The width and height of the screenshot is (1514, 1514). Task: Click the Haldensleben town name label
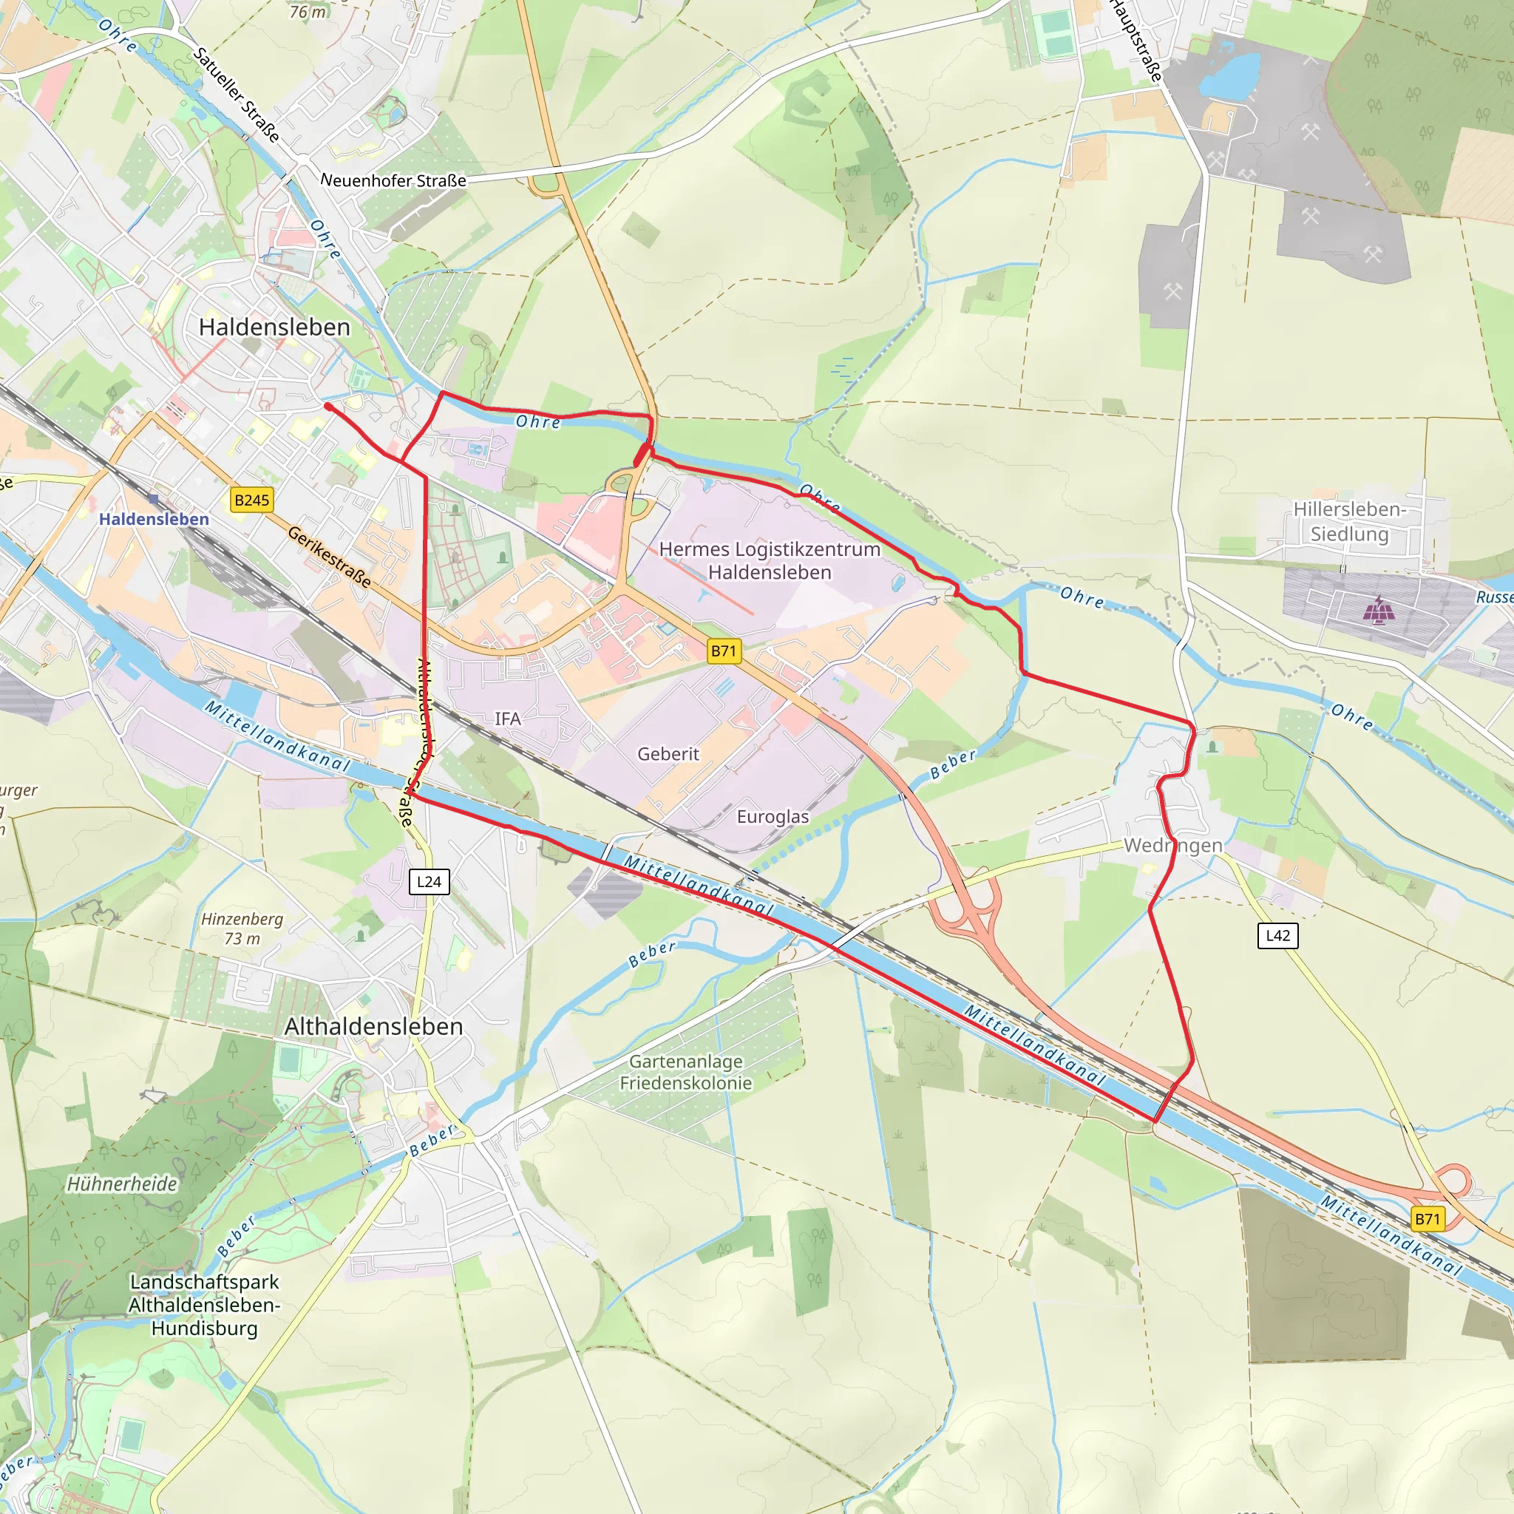274,327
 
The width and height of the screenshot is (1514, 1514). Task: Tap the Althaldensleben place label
374,1027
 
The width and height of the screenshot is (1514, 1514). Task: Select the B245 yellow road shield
251,500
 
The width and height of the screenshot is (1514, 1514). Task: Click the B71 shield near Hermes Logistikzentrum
723,651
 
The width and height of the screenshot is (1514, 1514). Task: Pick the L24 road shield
429,882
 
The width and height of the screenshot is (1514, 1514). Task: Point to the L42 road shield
1277,935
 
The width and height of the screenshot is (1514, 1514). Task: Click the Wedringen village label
1172,846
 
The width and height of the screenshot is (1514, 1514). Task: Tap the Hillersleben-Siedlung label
1348,522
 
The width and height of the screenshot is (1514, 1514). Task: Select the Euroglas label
772,817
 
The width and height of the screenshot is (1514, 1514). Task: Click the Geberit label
668,754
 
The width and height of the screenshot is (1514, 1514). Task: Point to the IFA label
507,719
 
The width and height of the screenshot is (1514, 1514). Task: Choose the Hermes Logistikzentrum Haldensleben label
770,560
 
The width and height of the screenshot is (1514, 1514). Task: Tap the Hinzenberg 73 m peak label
242,929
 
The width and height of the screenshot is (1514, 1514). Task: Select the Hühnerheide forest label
121,1184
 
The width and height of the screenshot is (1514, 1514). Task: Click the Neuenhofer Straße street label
393,180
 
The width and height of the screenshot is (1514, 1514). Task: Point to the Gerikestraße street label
329,557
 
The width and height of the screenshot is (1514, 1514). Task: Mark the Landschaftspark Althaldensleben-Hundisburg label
205,1305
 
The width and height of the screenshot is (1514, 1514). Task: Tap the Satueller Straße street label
236,95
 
